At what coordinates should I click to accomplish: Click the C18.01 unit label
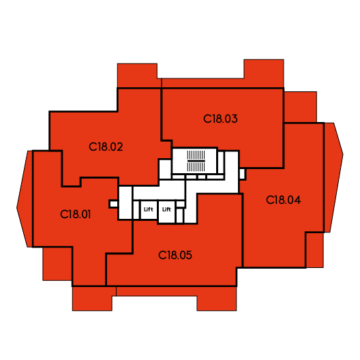75,215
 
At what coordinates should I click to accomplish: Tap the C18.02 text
106,147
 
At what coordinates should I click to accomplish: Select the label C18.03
220,119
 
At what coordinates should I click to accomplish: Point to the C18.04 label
284,200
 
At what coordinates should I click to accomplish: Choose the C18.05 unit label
175,255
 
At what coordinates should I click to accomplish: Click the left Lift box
149,210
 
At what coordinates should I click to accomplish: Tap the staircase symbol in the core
196,161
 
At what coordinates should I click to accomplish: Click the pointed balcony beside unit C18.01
25,199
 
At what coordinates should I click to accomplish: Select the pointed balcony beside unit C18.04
333,177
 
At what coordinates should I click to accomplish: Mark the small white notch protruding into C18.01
113,204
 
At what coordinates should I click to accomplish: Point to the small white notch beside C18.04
242,174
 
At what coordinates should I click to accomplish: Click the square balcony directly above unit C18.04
301,107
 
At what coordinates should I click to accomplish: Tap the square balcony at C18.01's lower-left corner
57,264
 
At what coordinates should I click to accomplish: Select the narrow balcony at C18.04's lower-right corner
315,250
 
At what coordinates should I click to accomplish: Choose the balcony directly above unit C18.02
138,75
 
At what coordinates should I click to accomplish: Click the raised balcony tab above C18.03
264,73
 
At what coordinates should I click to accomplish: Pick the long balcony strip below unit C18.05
177,299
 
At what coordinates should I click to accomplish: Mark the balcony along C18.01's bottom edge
94,299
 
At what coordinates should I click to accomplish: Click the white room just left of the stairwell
165,169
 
